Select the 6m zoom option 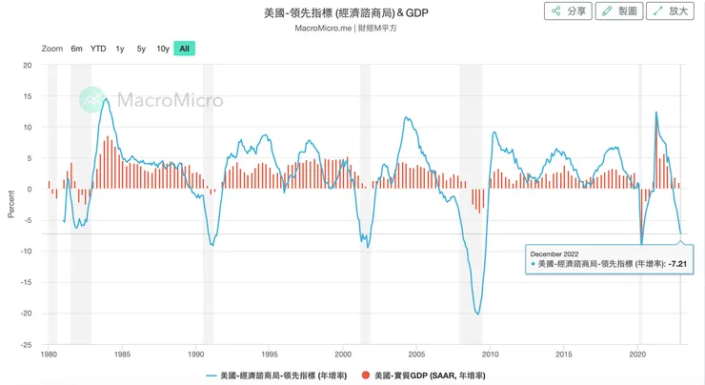click(76, 49)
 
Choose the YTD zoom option click(98, 49)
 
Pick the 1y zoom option click(120, 49)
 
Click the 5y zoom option click(141, 49)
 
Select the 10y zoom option click(163, 49)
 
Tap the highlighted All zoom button click(184, 49)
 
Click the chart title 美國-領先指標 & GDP click(352, 13)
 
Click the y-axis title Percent click(11, 202)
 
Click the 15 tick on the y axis click(28, 96)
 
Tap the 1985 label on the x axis click(122, 353)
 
